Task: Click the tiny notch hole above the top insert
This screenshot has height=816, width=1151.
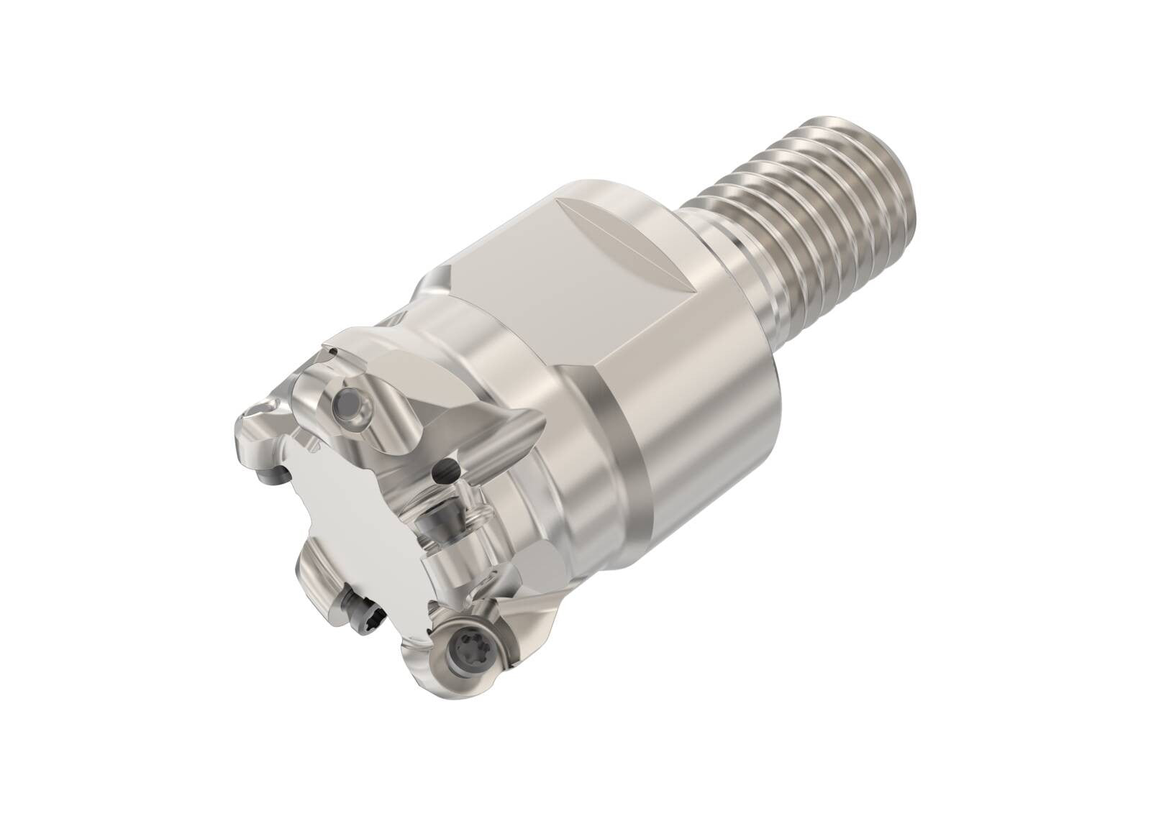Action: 332,350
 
